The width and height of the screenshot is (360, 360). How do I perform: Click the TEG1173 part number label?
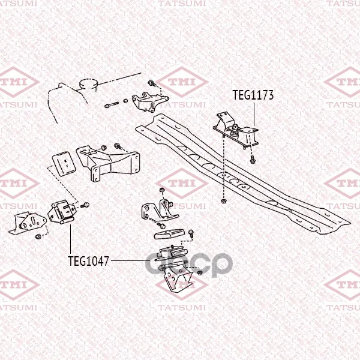pos(253,95)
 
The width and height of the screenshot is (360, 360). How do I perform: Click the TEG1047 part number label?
pos(88,261)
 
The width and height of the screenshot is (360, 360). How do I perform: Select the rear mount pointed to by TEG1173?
pos(236,130)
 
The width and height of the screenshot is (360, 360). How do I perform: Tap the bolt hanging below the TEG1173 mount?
pos(253,160)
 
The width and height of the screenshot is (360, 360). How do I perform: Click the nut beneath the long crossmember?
pos(223,201)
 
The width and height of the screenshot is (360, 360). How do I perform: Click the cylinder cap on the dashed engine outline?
pos(88,83)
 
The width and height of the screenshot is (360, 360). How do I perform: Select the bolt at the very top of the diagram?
pos(152,83)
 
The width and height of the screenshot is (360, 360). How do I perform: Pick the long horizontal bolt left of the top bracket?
pos(112,105)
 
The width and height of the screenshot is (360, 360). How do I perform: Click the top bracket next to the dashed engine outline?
pos(149,102)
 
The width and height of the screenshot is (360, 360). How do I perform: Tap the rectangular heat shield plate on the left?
pos(64,163)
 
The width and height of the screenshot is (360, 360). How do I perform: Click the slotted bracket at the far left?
pos(28,223)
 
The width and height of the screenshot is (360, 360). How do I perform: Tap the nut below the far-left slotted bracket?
pos(38,236)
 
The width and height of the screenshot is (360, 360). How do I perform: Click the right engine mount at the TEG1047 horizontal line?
pos(171,257)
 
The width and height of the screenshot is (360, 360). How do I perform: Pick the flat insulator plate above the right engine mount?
pos(170,234)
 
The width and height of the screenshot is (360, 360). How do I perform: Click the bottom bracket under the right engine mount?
pos(178,279)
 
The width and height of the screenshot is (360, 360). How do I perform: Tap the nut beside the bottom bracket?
pos(200,272)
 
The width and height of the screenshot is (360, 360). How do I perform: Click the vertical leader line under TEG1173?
pos(254,114)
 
